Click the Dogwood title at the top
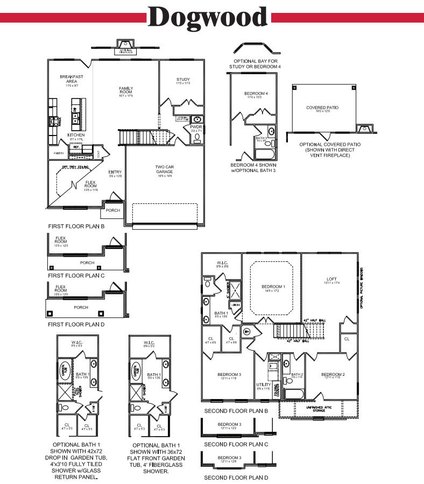click(x=209, y=17)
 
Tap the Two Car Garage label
click(x=164, y=169)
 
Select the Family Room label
click(x=126, y=90)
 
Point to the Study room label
click(x=183, y=80)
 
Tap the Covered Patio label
click(x=322, y=108)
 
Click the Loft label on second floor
click(x=332, y=279)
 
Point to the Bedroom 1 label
click(x=273, y=287)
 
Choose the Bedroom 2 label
click(x=332, y=374)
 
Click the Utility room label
click(x=263, y=385)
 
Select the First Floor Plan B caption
click(x=76, y=226)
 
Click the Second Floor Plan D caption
click(x=236, y=477)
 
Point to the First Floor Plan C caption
click(x=76, y=275)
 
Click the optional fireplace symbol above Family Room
click(x=125, y=47)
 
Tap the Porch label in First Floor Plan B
click(x=112, y=210)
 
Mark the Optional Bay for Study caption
click(x=256, y=63)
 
